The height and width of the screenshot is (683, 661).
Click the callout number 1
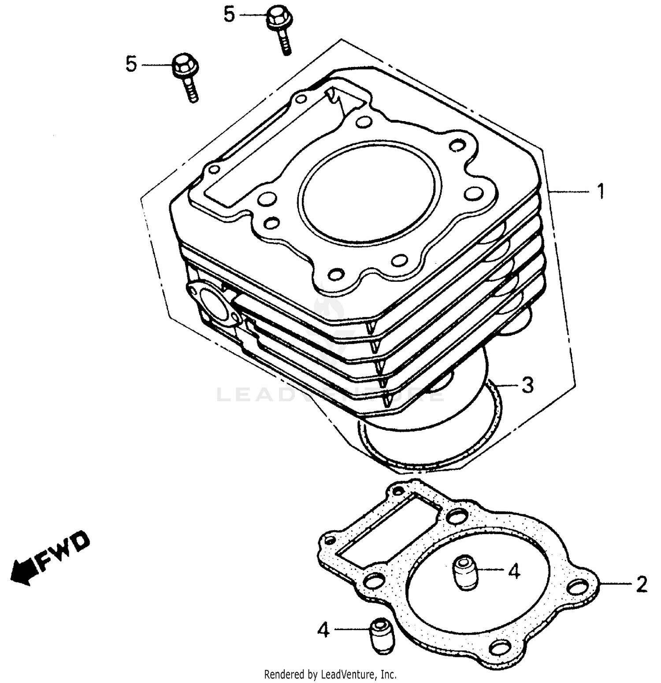(x=600, y=192)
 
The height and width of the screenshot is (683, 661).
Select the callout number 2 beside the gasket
(x=641, y=584)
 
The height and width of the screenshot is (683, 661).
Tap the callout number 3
(x=527, y=385)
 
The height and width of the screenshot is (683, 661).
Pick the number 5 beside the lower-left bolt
(x=131, y=64)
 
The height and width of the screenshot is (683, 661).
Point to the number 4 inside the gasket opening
(x=514, y=571)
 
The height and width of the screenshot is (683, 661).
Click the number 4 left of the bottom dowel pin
(x=323, y=631)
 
